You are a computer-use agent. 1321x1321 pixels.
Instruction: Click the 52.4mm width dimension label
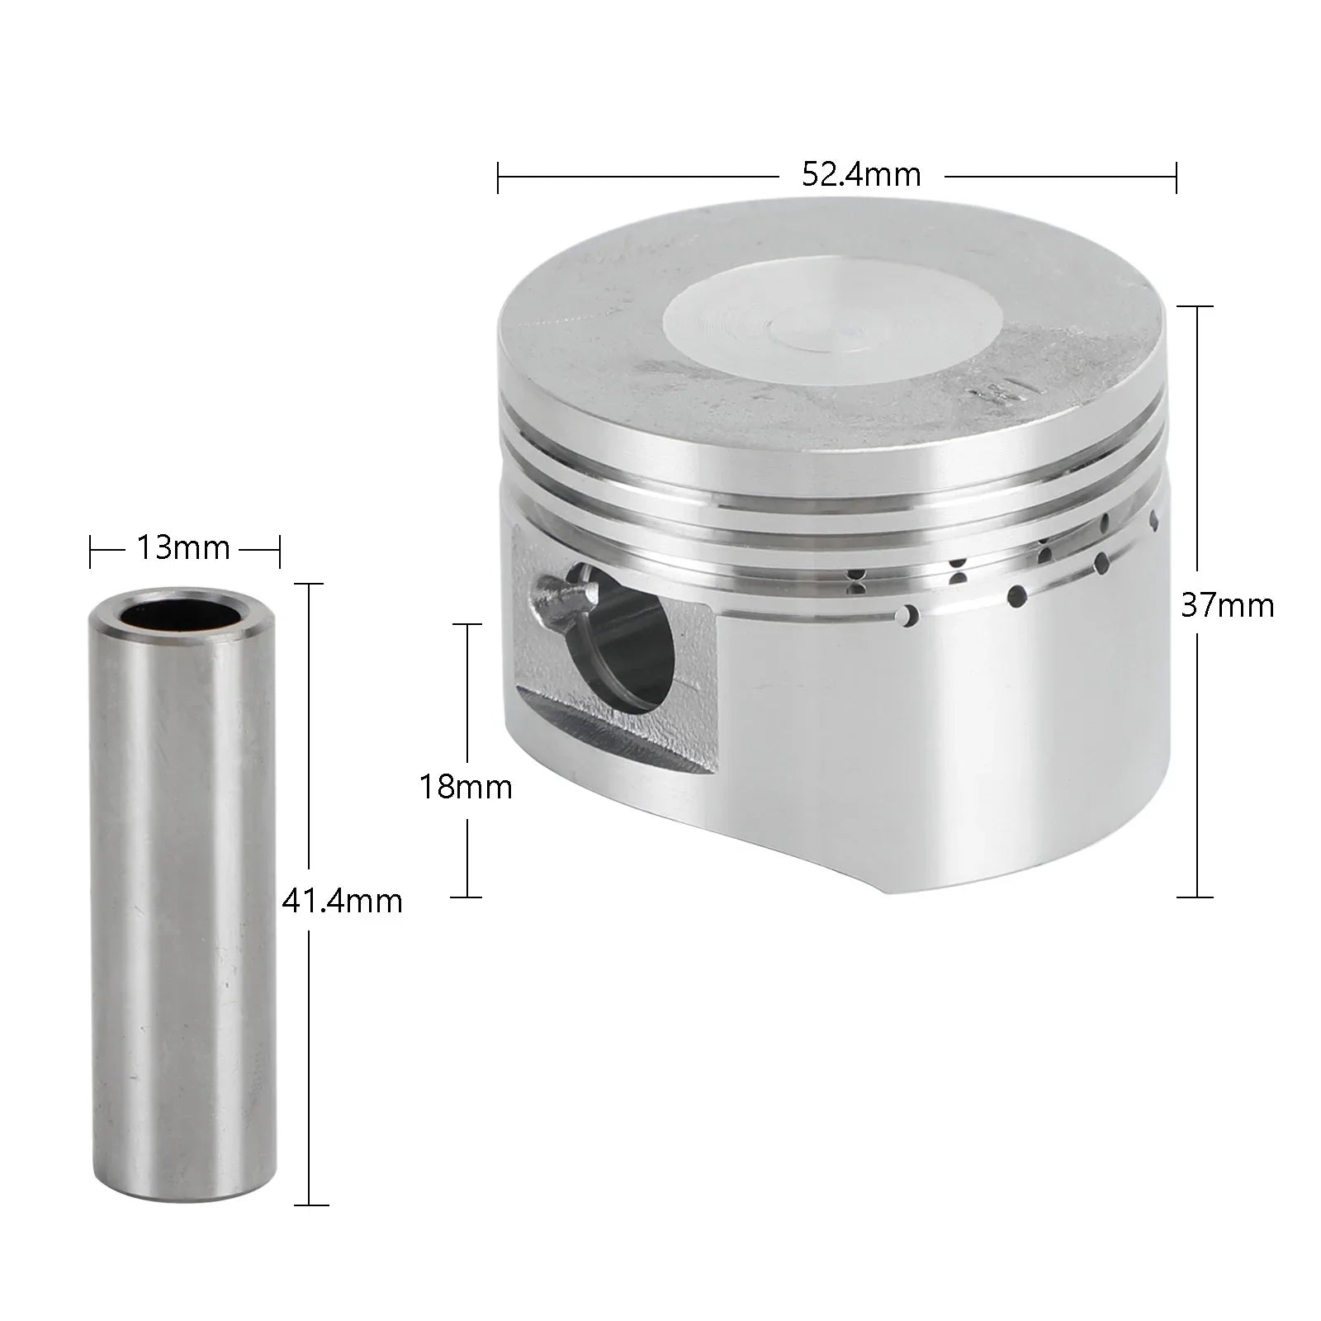point(861,176)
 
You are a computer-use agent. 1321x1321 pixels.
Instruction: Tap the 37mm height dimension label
point(1228,606)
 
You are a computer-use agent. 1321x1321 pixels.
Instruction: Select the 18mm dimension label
point(466,787)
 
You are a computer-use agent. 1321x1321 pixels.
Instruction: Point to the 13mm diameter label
point(182,548)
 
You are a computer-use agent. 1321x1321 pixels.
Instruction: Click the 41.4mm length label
point(342,900)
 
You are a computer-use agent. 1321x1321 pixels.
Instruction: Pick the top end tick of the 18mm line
point(468,624)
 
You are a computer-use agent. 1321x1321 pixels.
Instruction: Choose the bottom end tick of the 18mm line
point(468,897)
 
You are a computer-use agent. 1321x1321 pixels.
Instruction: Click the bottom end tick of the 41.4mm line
point(309,1205)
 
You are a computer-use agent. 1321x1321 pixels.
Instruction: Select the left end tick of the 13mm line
point(91,552)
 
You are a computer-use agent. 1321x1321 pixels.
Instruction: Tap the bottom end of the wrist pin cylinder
point(183,1189)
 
